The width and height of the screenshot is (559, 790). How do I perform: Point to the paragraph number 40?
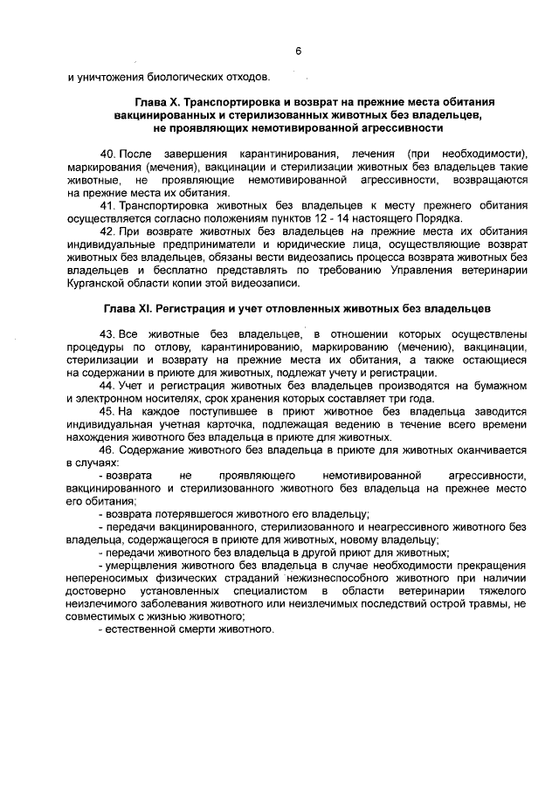107,153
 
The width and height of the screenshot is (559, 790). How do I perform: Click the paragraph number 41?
107,205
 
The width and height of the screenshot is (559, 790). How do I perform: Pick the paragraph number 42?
107,231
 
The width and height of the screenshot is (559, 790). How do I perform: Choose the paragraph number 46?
107,450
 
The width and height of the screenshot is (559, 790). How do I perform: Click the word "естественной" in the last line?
142,631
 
